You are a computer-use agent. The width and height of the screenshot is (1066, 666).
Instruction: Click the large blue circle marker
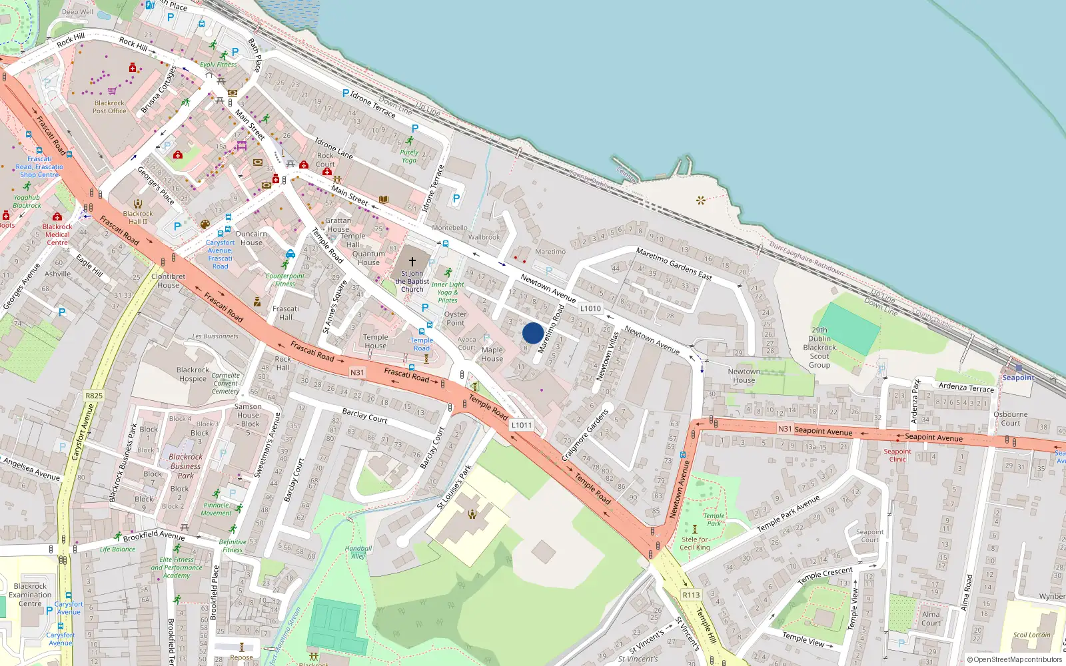[532, 333]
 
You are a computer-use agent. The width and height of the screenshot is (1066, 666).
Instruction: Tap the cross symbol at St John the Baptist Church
[412, 262]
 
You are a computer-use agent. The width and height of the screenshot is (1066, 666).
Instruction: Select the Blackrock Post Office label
[109, 107]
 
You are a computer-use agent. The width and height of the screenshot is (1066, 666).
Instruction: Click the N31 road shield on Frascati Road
[357, 372]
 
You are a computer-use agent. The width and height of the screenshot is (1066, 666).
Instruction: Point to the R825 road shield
[94, 396]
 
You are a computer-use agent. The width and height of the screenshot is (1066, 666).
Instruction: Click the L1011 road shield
[522, 425]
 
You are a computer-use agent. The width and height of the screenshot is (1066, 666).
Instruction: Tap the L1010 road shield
[590, 308]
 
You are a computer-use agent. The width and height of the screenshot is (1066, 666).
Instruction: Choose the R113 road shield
[691, 595]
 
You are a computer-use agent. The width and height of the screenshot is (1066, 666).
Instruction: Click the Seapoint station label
[1018, 378]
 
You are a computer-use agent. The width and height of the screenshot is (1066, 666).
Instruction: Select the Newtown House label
[744, 376]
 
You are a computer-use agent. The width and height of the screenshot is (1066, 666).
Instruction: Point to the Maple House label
[492, 354]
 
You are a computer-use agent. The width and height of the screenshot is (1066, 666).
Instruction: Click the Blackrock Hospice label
[193, 374]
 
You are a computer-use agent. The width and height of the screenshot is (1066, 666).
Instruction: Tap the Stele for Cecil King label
[695, 543]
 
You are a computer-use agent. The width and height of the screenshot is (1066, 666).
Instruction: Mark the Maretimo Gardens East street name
[674, 264]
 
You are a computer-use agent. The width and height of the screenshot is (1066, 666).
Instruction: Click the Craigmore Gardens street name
[585, 436]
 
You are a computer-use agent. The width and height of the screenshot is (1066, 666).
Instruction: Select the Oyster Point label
[455, 318]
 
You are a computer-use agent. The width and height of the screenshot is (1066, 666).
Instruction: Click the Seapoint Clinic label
[897, 455]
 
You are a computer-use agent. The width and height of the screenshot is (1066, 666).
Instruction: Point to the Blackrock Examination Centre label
[30, 595]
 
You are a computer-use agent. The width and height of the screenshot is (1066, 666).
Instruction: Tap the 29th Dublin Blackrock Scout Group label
[819, 348]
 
